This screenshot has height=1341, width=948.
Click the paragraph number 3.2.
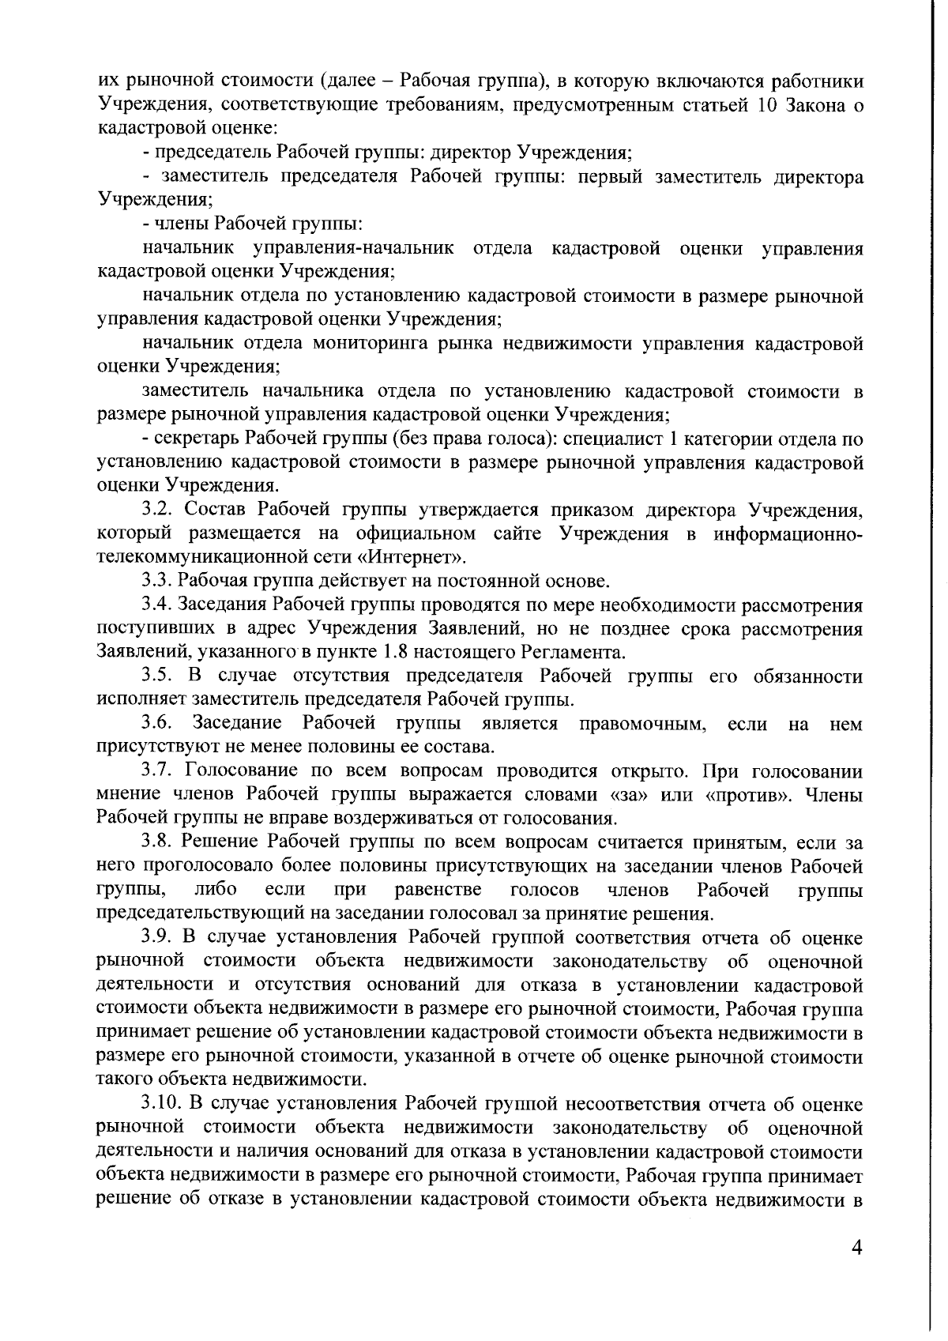click(x=158, y=510)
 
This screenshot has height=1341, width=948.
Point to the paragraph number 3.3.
click(x=158, y=582)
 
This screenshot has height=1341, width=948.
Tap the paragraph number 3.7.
click(x=158, y=771)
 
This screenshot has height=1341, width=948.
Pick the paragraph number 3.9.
click(x=158, y=938)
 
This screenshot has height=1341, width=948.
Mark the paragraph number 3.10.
click(x=162, y=1104)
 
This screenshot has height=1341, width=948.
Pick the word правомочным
click(x=642, y=724)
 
